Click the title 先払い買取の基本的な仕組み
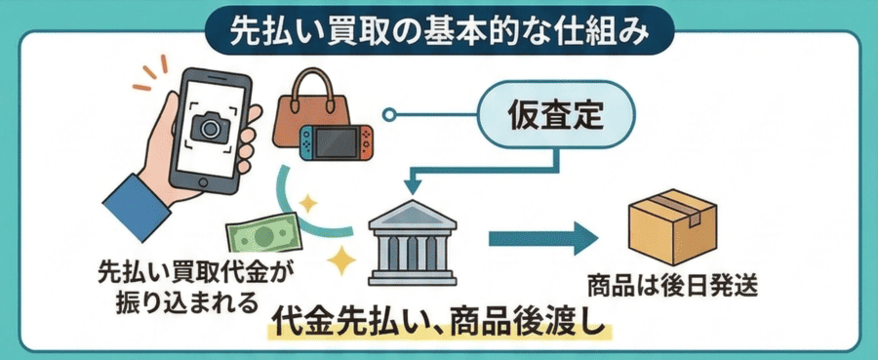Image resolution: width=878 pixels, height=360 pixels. click(438, 29)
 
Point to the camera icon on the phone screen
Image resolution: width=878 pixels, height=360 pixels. click(209, 126)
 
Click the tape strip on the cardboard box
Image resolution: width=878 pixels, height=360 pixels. click(673, 203)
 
